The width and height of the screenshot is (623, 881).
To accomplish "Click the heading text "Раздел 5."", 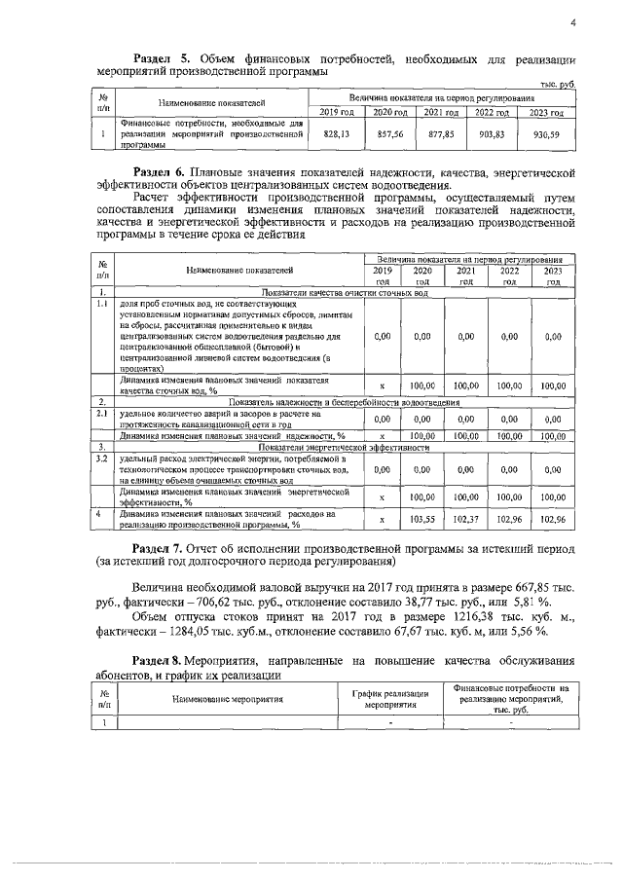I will (x=163, y=58).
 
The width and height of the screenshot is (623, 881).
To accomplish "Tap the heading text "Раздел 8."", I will (x=163, y=662).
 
